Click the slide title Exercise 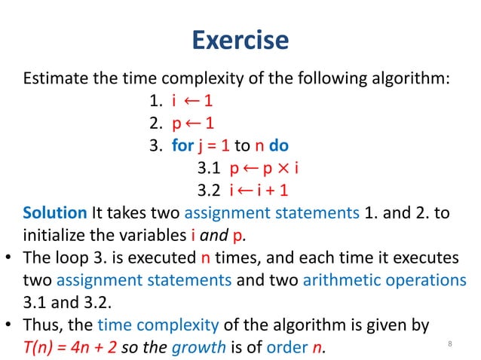point(240,40)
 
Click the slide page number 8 point(449,345)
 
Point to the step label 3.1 point(209,166)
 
